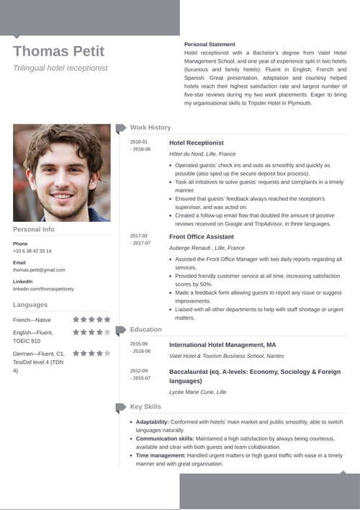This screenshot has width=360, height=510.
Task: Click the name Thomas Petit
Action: (x=58, y=51)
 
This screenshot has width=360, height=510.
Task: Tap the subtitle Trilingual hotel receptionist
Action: (x=60, y=68)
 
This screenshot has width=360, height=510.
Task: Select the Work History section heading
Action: (x=150, y=127)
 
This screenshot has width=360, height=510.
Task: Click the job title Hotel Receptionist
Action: (x=196, y=143)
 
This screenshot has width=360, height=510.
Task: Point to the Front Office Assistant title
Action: (x=201, y=236)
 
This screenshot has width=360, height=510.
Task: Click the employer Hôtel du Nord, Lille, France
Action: (x=202, y=154)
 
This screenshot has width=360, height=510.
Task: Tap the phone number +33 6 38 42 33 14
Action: (x=32, y=251)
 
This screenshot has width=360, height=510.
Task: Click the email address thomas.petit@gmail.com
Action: (x=39, y=269)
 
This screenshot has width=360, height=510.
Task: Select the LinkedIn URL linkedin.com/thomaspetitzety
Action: (x=43, y=288)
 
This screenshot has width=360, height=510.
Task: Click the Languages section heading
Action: (x=30, y=305)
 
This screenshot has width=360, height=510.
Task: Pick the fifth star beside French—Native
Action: (x=107, y=319)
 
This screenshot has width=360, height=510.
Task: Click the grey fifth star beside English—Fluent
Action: (x=107, y=333)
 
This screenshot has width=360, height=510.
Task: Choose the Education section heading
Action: (x=146, y=329)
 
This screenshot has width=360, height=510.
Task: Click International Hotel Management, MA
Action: (x=222, y=345)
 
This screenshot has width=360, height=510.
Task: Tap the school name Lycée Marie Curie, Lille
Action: (x=197, y=392)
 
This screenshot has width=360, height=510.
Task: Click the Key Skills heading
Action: (x=145, y=407)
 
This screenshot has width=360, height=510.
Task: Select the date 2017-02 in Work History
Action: (x=139, y=236)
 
